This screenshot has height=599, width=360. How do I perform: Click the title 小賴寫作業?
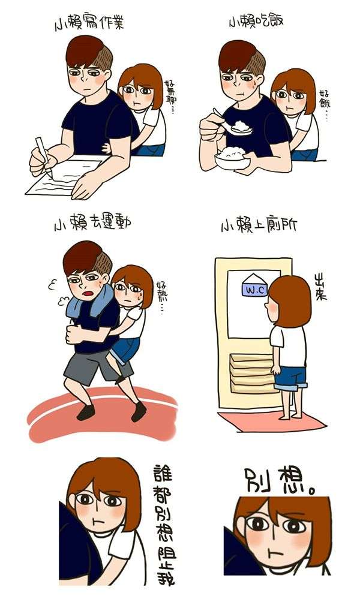tap(89, 24)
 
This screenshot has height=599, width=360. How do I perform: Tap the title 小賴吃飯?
tap(256, 21)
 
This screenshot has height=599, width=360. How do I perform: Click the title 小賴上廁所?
tap(259, 225)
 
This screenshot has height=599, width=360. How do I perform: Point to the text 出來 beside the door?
tap(320, 287)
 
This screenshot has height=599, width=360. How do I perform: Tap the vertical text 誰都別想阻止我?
tap(163, 524)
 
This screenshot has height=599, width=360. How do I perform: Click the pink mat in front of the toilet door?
tap(272, 421)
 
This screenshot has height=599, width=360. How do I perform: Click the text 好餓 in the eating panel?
tap(325, 103)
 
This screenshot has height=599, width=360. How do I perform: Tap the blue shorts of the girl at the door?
tap(291, 378)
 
